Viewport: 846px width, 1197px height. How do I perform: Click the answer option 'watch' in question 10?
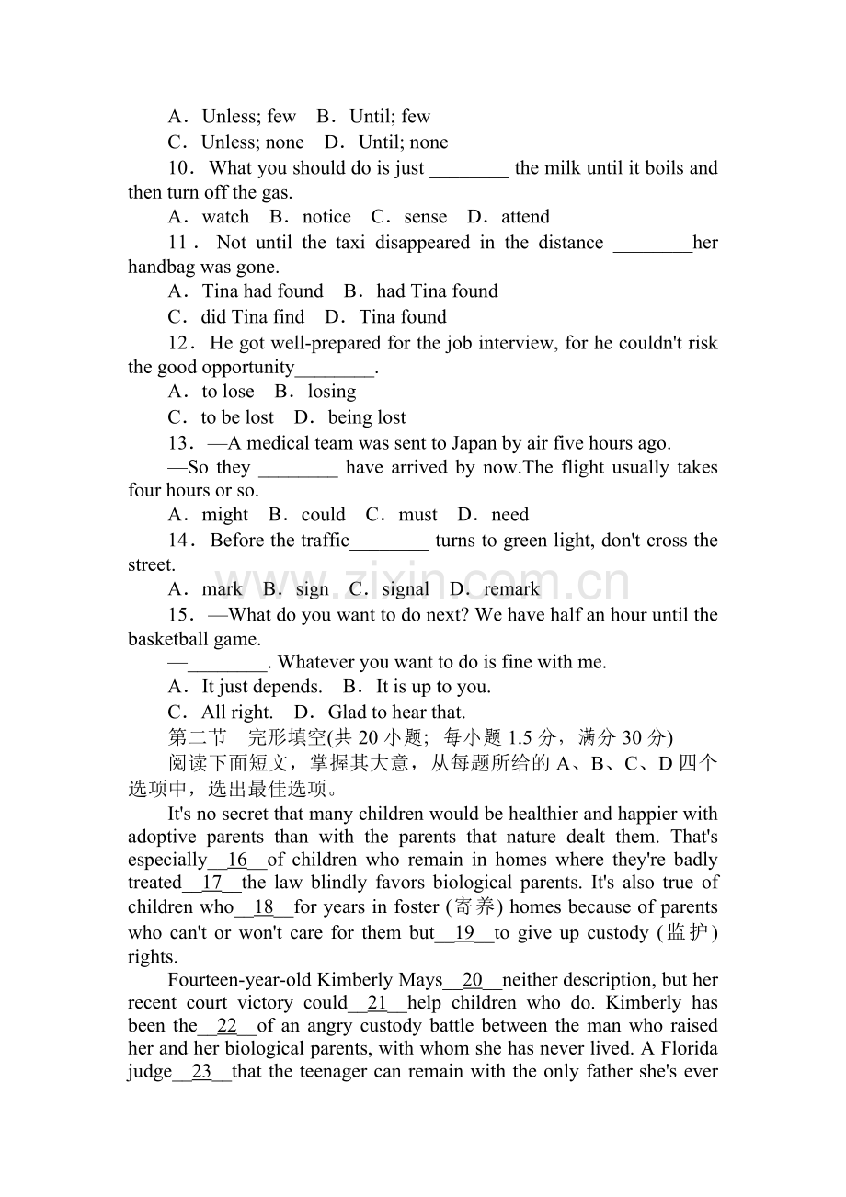pyautogui.click(x=225, y=217)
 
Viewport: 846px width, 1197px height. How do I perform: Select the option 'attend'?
pyautogui.click(x=525, y=217)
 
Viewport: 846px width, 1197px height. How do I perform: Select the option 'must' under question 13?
pyautogui.click(x=417, y=515)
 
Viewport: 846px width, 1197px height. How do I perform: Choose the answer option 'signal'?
pyautogui.click(x=405, y=589)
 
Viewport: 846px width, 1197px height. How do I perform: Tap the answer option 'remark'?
pyautogui.click(x=511, y=589)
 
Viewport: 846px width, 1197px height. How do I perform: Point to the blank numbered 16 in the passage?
pyautogui.click(x=237, y=861)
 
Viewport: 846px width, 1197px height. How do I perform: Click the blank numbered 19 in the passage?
pyautogui.click(x=466, y=933)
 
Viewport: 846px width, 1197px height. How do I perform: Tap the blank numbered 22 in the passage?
pyautogui.click(x=227, y=1026)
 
